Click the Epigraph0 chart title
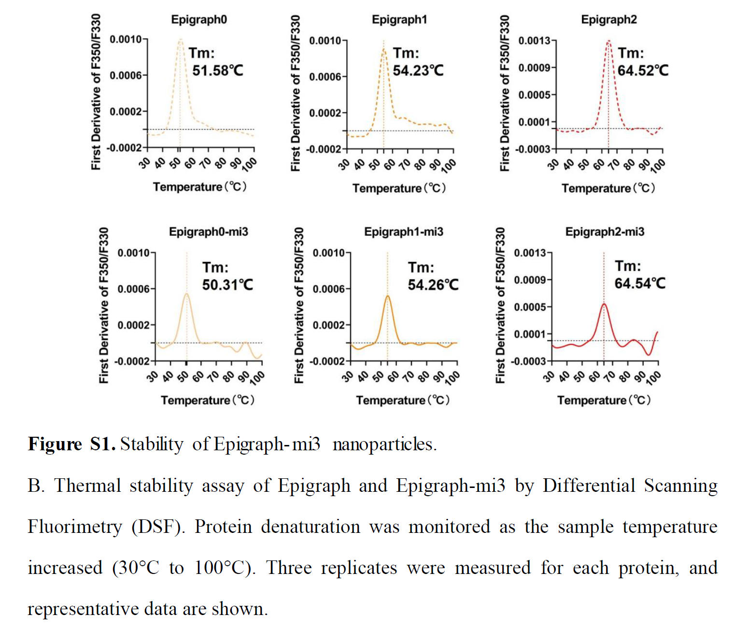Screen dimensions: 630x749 (198, 20)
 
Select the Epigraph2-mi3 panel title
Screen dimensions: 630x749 (605, 232)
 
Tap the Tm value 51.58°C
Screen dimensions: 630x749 (218, 71)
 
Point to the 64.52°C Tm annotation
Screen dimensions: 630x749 (643, 71)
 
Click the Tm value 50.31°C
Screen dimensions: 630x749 (227, 285)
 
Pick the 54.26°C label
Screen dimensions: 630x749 (433, 285)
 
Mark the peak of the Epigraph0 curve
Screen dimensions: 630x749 (180, 40)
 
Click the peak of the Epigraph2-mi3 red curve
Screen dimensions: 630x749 (604, 304)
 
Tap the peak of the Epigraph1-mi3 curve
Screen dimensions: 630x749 (387, 296)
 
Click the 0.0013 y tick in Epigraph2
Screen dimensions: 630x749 (534, 41)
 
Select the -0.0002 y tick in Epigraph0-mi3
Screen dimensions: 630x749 (132, 361)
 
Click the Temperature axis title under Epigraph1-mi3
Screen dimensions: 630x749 (403, 401)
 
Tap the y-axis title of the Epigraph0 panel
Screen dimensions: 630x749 (96, 92)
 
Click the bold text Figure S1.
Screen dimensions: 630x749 (71, 444)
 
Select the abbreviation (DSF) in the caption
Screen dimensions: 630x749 (158, 527)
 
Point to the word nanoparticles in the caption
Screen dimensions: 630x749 (384, 444)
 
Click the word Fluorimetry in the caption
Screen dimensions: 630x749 (75, 527)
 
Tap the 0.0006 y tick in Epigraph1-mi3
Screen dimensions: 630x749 (328, 289)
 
